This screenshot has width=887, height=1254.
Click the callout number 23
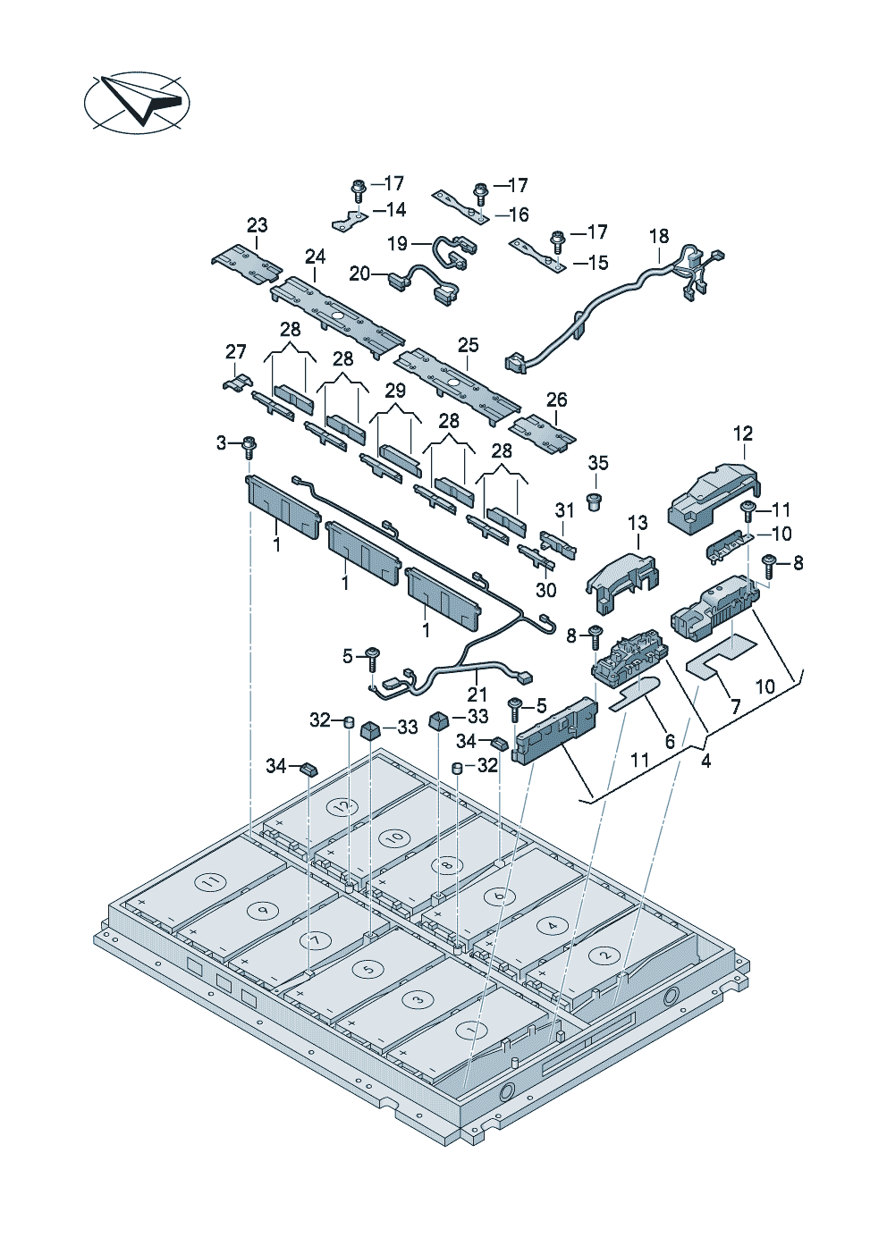(x=258, y=225)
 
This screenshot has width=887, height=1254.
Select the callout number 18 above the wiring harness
(x=659, y=237)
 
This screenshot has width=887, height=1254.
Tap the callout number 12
(x=743, y=433)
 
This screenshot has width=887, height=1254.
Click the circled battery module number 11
(x=210, y=881)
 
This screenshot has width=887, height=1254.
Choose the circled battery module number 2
(x=604, y=955)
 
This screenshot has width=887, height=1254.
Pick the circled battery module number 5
(x=367, y=969)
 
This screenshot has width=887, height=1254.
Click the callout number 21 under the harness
(x=477, y=694)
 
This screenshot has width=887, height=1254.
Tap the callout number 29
(x=395, y=391)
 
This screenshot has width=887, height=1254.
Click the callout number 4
(x=706, y=762)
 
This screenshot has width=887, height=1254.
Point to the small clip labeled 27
(x=233, y=381)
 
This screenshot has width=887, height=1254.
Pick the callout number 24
(x=315, y=257)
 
